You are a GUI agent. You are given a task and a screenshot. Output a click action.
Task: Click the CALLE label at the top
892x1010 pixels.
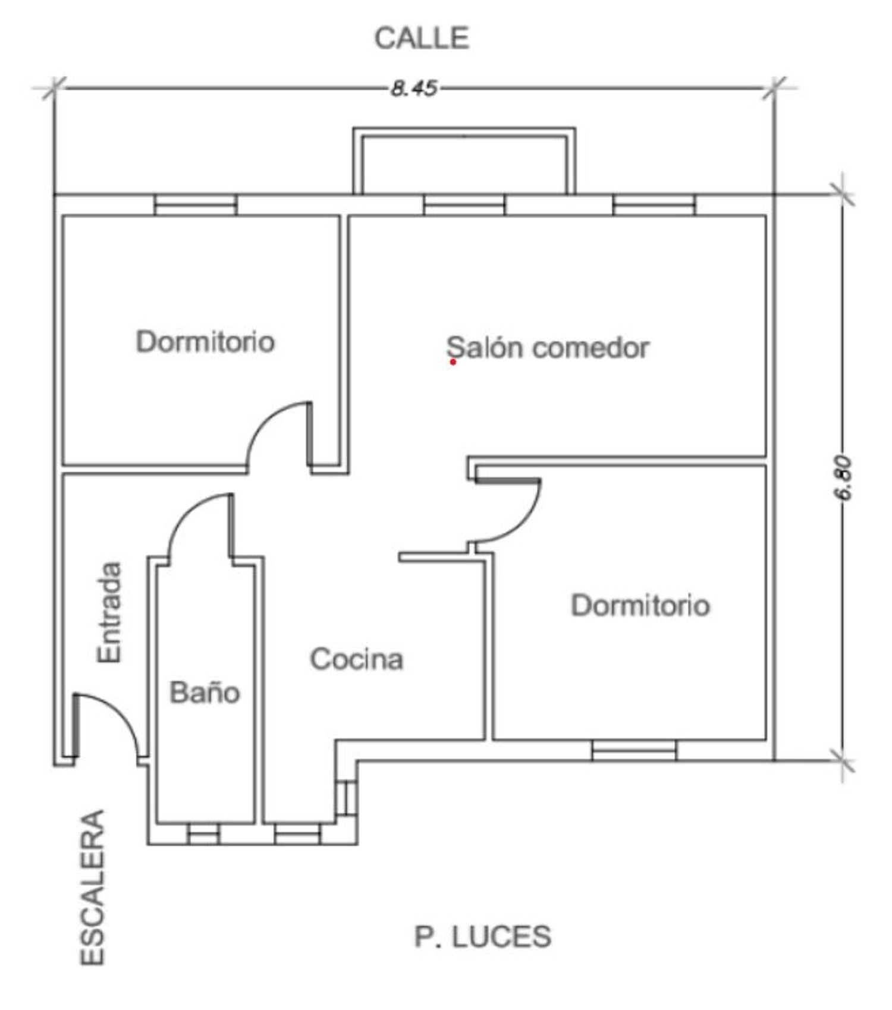422,39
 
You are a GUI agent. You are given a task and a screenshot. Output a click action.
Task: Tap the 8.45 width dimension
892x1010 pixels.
414,89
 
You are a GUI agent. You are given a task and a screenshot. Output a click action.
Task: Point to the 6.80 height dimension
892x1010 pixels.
844,479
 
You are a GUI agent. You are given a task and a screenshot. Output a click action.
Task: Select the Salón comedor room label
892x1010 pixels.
548,348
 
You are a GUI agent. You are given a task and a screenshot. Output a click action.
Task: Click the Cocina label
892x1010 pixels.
357,659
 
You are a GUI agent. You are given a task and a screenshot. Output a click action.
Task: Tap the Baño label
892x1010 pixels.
205,693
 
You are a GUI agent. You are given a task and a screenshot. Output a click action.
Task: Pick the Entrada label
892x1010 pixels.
109,612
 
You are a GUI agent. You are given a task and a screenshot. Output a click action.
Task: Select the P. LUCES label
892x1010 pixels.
482,937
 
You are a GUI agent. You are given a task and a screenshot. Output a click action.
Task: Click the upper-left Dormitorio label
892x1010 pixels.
205,342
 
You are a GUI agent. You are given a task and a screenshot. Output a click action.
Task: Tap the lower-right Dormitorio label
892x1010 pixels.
640,606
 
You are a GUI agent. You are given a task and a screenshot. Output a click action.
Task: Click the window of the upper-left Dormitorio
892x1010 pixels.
196,205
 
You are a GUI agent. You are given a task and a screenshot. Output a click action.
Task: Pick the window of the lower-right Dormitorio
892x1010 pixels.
634,751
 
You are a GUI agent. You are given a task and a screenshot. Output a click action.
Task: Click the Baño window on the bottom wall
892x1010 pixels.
203,834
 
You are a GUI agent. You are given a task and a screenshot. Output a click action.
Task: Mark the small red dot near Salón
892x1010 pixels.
453,361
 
